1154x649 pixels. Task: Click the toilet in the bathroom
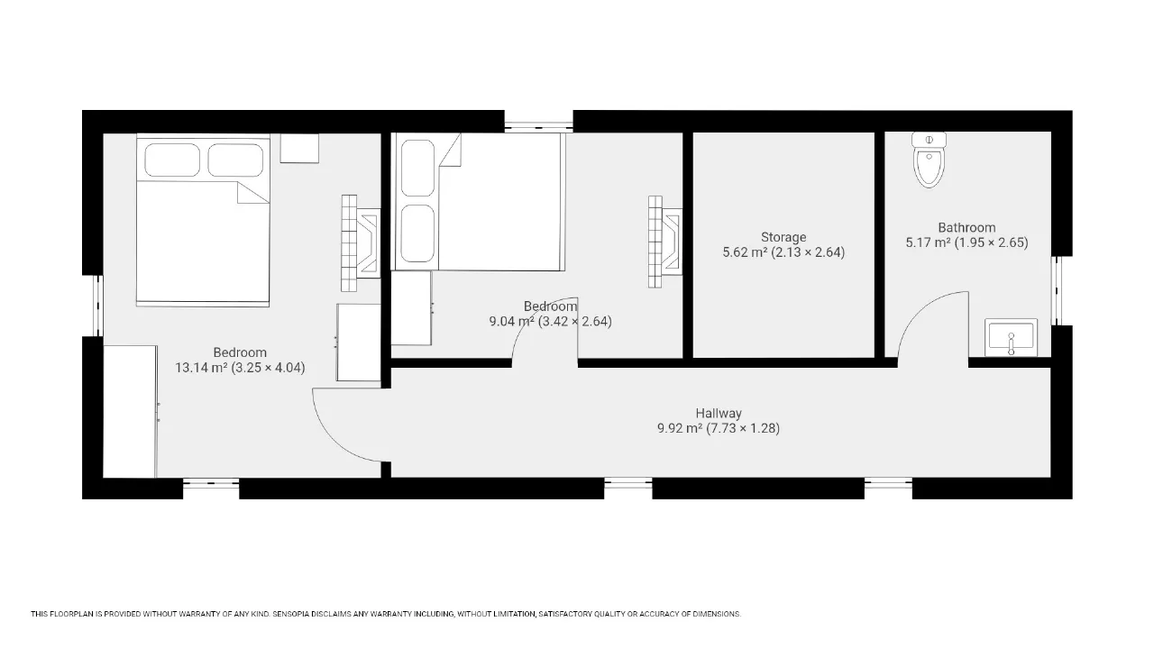click(x=929, y=160)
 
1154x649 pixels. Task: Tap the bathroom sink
click(x=1011, y=337)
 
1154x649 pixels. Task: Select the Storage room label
click(x=783, y=237)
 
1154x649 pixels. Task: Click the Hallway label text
click(x=719, y=413)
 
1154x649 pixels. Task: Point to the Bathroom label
click(x=966, y=228)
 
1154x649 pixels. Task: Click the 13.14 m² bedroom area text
click(x=240, y=368)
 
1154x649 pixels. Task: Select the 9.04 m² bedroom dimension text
click(x=550, y=322)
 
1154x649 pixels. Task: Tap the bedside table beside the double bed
click(x=299, y=149)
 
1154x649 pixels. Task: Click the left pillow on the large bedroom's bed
click(x=172, y=160)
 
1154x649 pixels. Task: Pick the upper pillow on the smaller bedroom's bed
click(x=417, y=168)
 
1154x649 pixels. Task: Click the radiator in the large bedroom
click(x=361, y=243)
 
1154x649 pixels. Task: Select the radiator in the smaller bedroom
click(x=665, y=242)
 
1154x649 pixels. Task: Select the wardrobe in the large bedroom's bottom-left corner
click(x=130, y=412)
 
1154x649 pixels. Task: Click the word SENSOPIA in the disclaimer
click(x=290, y=614)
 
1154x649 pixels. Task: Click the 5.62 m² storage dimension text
click(x=783, y=252)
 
